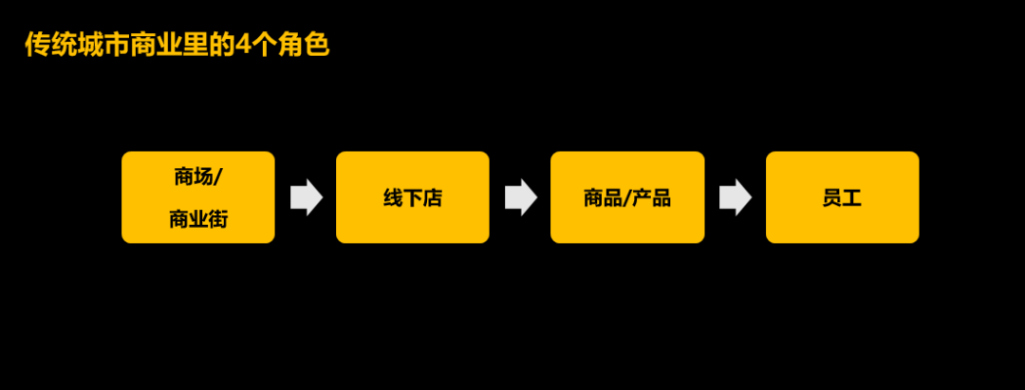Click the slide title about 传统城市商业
pos(177,46)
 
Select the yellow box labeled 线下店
pos(413,197)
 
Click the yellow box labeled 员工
pos(842,197)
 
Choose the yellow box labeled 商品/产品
pos(627,197)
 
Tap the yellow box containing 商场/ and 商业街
pos(198,197)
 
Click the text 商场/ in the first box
pos(197,176)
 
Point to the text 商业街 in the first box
pos(197,220)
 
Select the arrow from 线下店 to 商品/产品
pos(520,197)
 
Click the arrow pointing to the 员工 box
pos(735,197)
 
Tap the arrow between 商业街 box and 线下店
pos(306,197)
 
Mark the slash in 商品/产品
pos(626,198)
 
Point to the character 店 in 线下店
pos(433,198)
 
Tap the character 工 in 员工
pos(851,198)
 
